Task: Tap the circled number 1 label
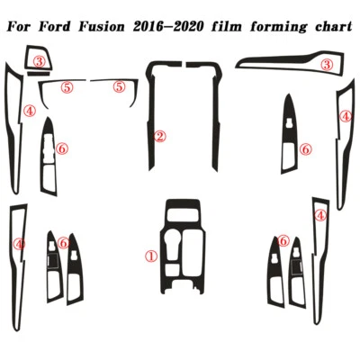tap(151, 256)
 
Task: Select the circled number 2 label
tap(159, 137)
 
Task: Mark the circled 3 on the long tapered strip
tap(327, 65)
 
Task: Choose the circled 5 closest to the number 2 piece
tap(119, 87)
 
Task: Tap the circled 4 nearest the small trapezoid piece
tap(30, 112)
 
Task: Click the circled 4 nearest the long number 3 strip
tap(346, 116)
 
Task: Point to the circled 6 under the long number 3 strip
tap(306, 148)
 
